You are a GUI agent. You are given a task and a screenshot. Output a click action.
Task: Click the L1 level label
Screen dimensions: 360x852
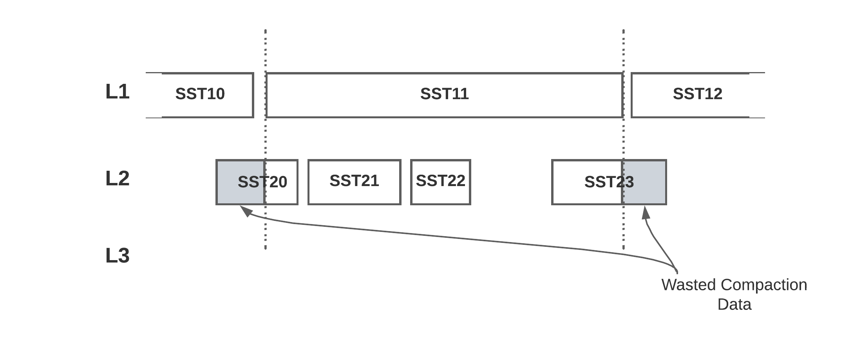(117, 92)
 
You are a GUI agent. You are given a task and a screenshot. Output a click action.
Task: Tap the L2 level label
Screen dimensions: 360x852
(117, 179)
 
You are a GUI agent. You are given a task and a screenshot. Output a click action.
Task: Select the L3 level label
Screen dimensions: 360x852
(117, 256)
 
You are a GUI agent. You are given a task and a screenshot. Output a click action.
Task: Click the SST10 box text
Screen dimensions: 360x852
(200, 94)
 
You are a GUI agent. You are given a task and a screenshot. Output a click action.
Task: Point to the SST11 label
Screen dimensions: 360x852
(444, 94)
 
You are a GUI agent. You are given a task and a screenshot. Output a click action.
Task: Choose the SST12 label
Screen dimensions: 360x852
(697, 94)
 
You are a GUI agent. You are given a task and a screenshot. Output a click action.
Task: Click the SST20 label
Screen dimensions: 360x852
(262, 182)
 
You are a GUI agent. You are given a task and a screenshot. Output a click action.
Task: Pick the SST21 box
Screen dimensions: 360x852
(354, 181)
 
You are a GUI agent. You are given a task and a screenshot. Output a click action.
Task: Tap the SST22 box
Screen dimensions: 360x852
(440, 181)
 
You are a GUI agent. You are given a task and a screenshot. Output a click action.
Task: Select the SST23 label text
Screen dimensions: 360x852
(609, 182)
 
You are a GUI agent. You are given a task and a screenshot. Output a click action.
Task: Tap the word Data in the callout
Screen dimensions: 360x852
(734, 305)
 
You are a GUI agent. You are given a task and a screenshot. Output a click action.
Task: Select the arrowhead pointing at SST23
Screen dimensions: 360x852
(646, 212)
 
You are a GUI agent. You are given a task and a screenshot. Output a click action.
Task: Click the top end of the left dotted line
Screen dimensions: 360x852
(266, 31)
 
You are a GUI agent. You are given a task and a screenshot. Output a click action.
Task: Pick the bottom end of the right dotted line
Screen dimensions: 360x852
(623, 248)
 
